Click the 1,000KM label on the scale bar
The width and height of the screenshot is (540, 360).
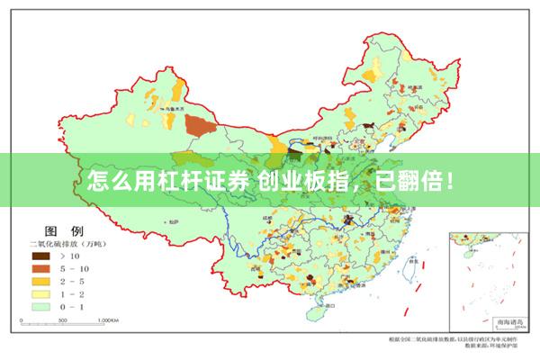(109, 319)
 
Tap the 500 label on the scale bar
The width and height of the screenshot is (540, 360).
(63, 319)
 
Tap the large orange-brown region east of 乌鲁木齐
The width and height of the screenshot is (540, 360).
(200, 124)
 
